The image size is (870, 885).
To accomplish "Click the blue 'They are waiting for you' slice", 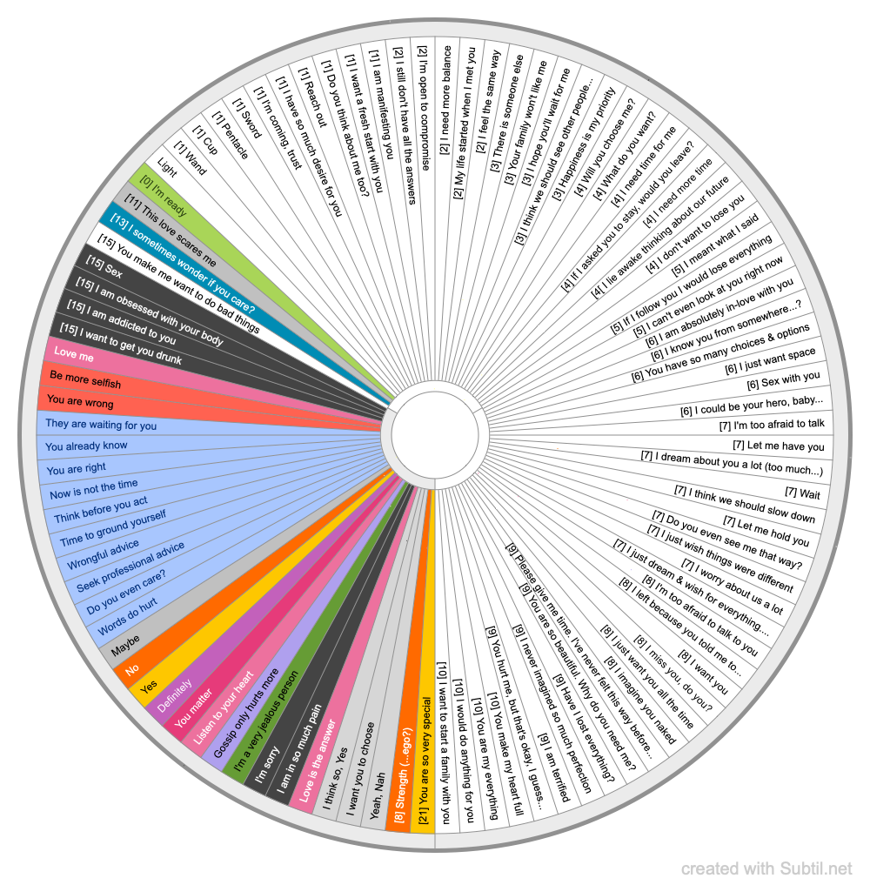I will pos(101,426).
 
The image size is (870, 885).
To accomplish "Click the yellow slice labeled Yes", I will pos(150,687).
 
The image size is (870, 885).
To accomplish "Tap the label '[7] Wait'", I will pos(803,493).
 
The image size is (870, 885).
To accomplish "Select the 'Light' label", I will pos(167,165).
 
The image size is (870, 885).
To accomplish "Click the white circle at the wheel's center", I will pos(435,433).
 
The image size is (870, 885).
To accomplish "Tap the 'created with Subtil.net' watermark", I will pos(766,868).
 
